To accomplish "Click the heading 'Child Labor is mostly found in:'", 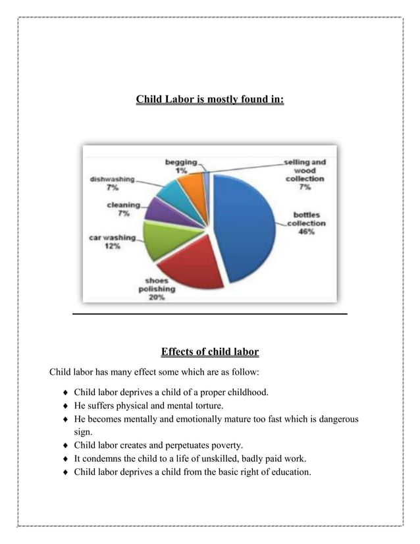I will click(x=209, y=100).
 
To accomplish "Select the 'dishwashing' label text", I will click(x=113, y=179).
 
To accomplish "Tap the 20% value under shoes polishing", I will click(x=157, y=297).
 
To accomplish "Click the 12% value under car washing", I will click(x=112, y=247).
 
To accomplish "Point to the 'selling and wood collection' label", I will click(x=304, y=170).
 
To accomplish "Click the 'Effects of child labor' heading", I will click(x=209, y=350).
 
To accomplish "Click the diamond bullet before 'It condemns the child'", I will click(x=65, y=458).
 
